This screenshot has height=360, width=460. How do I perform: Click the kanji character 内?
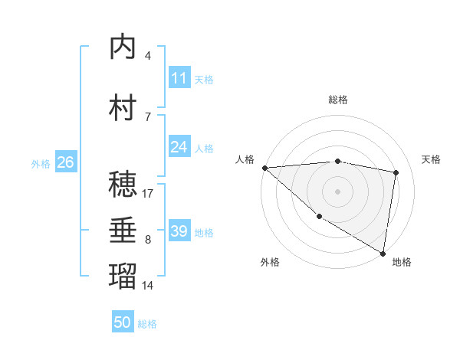click(x=123, y=47)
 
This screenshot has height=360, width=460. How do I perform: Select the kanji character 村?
click(x=123, y=108)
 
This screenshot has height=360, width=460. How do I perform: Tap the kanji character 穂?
click(x=123, y=185)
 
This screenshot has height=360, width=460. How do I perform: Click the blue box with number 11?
click(x=179, y=78)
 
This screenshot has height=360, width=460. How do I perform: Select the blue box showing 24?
click(x=179, y=147)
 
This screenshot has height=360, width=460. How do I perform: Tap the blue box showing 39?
click(x=179, y=231)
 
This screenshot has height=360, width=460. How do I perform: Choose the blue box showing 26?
click(x=65, y=162)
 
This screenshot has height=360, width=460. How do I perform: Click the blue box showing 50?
click(x=123, y=322)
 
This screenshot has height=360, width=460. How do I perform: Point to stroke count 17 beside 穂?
click(x=148, y=193)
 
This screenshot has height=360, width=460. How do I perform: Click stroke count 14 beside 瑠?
click(x=148, y=286)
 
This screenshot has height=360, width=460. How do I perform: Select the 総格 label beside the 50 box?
click(x=147, y=324)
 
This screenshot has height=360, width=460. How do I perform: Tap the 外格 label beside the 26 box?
click(x=41, y=163)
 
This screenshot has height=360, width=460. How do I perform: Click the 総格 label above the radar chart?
click(x=338, y=100)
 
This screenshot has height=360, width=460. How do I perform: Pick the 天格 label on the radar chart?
click(x=432, y=159)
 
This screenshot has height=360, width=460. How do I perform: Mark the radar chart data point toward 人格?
click(x=264, y=168)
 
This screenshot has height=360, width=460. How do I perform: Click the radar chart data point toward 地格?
click(x=383, y=253)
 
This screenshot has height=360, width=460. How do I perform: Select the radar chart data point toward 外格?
click(x=319, y=217)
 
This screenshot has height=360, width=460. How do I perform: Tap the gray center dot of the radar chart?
click(x=337, y=191)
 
